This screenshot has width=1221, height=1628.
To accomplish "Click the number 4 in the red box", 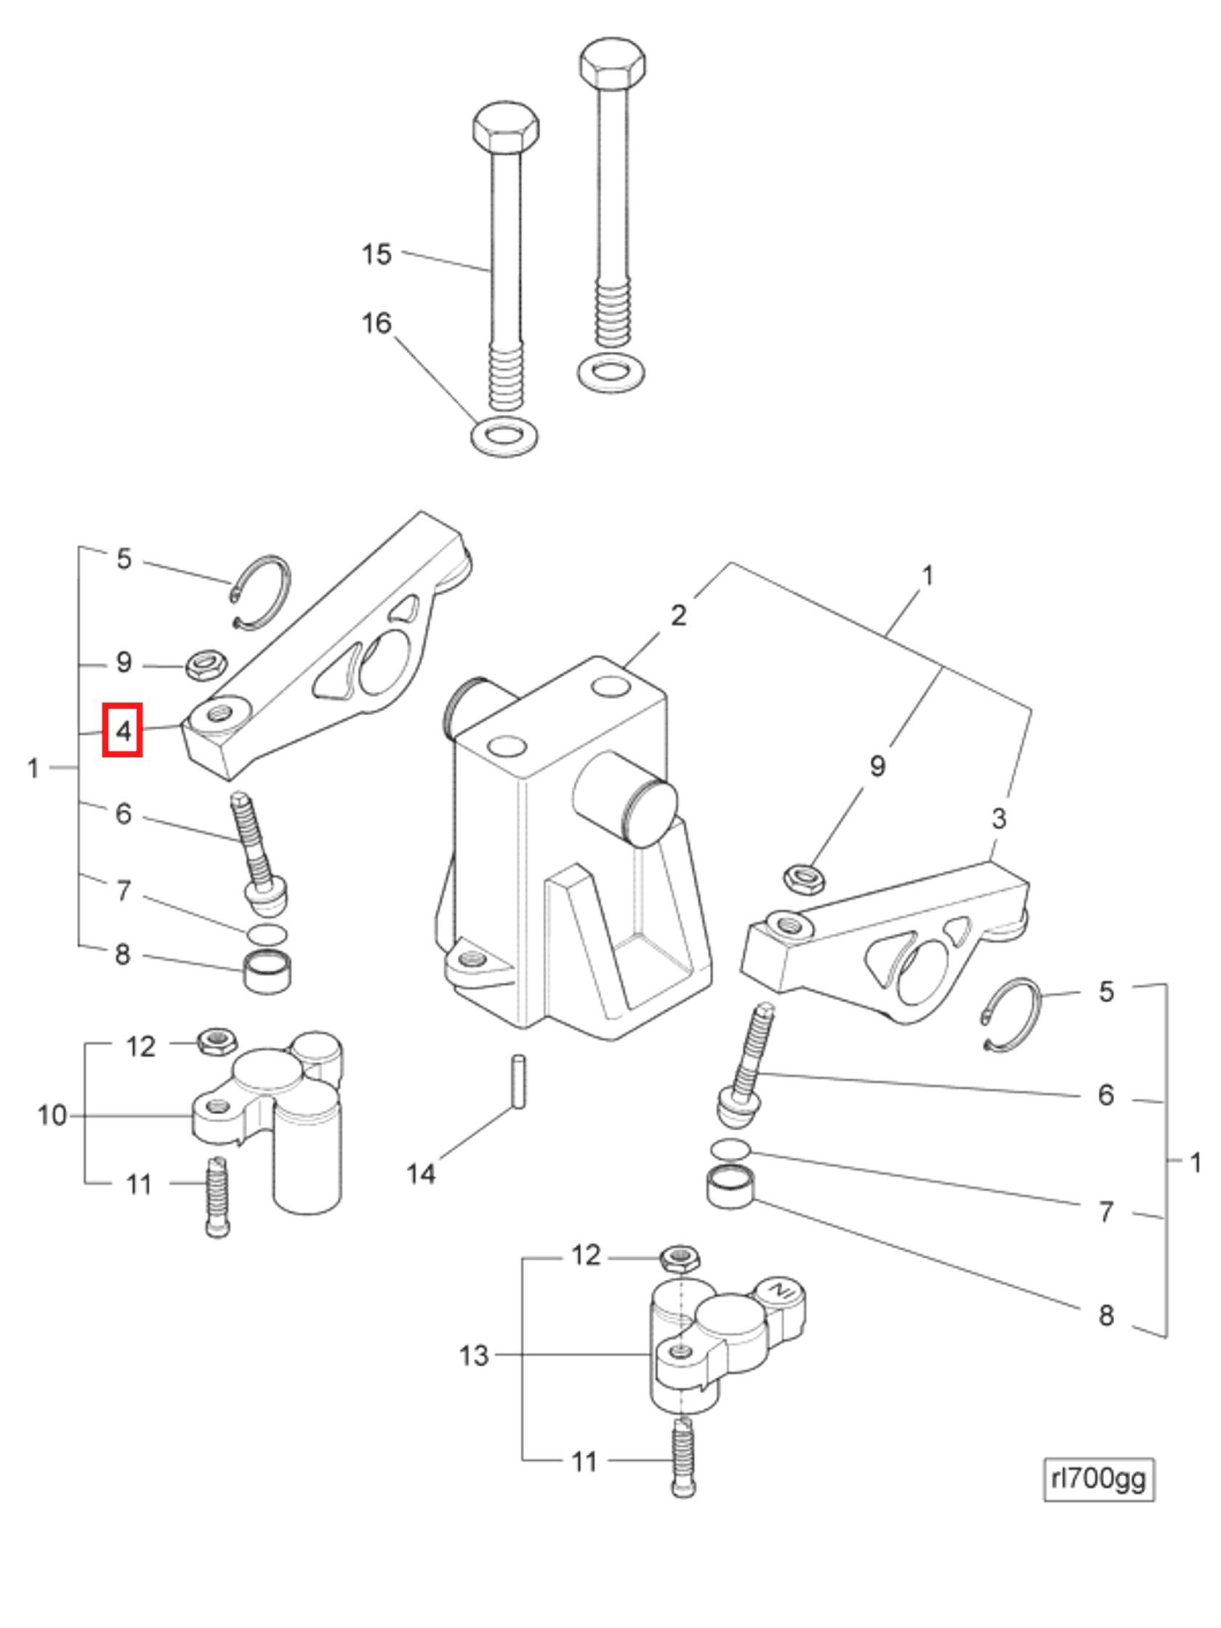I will [x=122, y=730].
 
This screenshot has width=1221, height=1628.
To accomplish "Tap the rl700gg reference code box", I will [x=1097, y=1478].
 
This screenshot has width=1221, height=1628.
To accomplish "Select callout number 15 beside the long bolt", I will [x=376, y=254].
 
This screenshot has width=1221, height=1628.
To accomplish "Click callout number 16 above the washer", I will [x=376, y=323].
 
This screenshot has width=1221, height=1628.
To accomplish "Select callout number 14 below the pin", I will [x=421, y=1173].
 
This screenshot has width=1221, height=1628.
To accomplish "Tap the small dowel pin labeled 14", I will [x=519, y=1081].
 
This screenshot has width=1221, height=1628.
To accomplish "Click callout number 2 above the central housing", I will [x=678, y=615].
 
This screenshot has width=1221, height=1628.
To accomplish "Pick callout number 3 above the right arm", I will [x=998, y=818].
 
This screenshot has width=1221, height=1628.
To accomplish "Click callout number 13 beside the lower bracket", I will [x=473, y=1355].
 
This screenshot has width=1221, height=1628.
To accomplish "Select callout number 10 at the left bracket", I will [x=52, y=1115].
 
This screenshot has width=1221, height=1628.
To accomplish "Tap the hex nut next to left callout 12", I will [x=217, y=1041].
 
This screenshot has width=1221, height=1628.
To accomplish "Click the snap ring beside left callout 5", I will [x=261, y=593].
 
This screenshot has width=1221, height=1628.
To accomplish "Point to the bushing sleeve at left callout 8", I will [x=267, y=972].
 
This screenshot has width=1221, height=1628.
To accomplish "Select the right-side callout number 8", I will [x=1105, y=1315].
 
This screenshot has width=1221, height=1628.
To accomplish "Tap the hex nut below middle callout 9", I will [x=804, y=879].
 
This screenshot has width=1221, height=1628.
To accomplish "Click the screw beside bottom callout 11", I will [x=683, y=1459].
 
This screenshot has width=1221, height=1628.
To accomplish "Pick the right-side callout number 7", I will [x=1105, y=1212].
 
